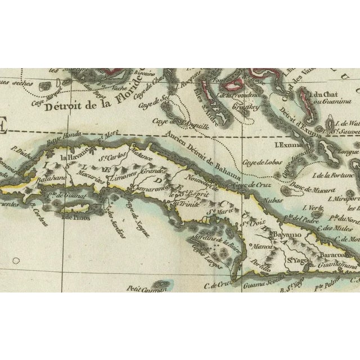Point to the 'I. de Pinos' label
click(70, 216)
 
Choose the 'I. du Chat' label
click(321, 97)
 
